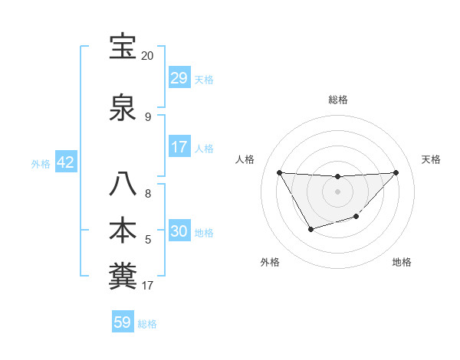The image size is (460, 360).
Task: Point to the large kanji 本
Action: pyautogui.click(x=123, y=231)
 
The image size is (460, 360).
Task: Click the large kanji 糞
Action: pyautogui.click(x=123, y=274)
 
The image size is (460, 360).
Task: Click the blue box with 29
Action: pyautogui.click(x=179, y=78)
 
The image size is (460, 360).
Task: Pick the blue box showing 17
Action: pyautogui.click(x=179, y=147)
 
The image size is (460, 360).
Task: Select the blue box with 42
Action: pyautogui.click(x=65, y=162)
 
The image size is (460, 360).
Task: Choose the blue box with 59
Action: pyautogui.click(x=123, y=322)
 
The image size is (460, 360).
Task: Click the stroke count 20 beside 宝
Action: pyautogui.click(x=148, y=56)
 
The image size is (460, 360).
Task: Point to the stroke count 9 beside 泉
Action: pyautogui.click(x=148, y=117)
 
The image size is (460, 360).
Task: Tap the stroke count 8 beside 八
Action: pyautogui.click(x=148, y=194)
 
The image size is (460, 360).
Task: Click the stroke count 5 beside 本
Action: pyautogui.click(x=148, y=241)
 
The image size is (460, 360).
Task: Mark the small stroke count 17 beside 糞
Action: pyautogui.click(x=148, y=286)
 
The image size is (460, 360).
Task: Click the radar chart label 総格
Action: pyautogui.click(x=338, y=100)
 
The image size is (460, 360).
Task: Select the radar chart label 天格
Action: pyautogui.click(x=432, y=159)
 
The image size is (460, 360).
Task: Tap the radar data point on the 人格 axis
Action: pyautogui.click(x=279, y=172)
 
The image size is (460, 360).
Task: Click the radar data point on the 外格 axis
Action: pyautogui.click(x=310, y=229)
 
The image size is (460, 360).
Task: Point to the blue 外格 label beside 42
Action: pyautogui.click(x=41, y=163)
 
